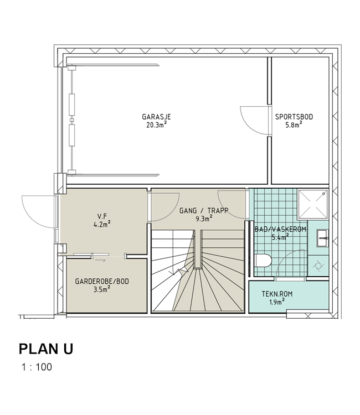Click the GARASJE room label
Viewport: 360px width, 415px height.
click(156, 117)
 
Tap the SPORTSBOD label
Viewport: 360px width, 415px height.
click(294, 117)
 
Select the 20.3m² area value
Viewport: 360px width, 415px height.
click(157, 124)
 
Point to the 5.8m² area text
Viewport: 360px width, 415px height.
click(294, 124)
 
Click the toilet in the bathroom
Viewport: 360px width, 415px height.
click(264, 261)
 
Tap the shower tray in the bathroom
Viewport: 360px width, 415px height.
click(313, 204)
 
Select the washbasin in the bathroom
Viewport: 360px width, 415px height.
click(322, 238)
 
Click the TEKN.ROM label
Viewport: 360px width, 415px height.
click(277, 294)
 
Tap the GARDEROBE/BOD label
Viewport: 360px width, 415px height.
click(102, 281)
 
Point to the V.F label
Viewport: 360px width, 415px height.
click(102, 216)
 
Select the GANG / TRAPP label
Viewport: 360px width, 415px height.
click(204, 211)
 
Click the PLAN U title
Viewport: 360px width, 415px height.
click(46, 349)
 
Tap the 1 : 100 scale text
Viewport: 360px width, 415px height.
click(37, 367)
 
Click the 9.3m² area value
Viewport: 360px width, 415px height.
click(204, 219)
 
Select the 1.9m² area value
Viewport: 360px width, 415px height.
click(277, 302)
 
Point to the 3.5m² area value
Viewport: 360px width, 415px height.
click(102, 289)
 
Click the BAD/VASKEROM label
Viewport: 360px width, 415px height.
click(280, 229)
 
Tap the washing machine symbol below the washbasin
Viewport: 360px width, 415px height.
click(318, 266)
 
